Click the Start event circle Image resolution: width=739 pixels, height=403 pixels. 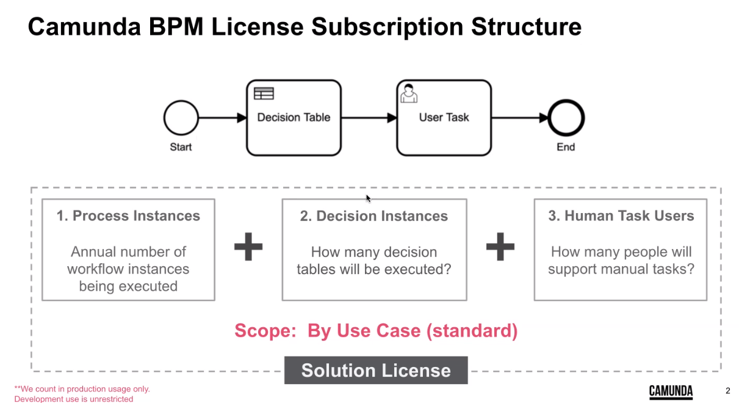click(181, 118)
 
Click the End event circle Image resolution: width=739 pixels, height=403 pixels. click(566, 118)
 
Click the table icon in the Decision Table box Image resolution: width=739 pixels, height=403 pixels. click(264, 93)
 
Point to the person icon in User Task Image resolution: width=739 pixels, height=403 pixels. click(408, 93)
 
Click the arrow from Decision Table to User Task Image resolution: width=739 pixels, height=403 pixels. click(369, 118)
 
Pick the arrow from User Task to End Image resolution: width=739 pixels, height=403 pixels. click(519, 118)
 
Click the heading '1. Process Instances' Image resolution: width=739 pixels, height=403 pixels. click(128, 216)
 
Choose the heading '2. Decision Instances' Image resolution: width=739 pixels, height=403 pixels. click(373, 216)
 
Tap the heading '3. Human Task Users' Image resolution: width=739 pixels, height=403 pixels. click(621, 216)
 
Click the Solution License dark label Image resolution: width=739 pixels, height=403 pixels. click(376, 371)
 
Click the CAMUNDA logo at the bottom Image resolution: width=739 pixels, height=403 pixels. click(671, 391)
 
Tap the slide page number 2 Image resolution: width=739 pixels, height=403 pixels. click(727, 391)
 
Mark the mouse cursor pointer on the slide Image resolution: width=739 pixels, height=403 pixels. click(368, 198)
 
